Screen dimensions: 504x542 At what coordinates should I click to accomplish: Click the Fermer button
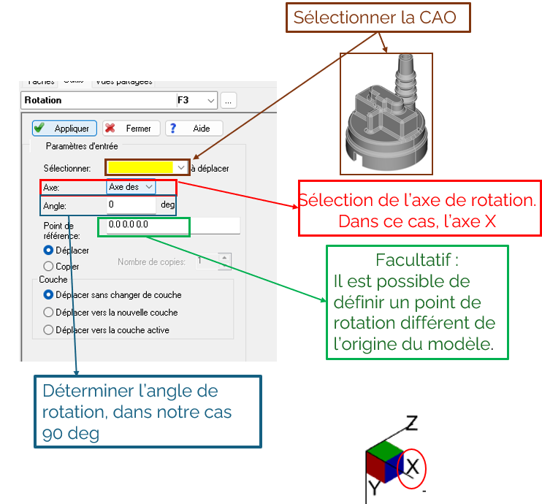tap(130, 129)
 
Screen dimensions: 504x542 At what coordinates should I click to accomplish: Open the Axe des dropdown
tap(131, 187)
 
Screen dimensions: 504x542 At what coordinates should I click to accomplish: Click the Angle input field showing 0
tap(131, 205)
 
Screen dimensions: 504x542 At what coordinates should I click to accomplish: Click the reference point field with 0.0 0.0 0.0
tap(172, 225)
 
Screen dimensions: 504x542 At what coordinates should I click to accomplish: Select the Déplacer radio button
tap(49, 251)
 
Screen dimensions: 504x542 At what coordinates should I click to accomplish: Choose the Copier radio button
tap(49, 267)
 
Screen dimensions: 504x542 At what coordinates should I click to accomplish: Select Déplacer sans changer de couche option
tap(49, 295)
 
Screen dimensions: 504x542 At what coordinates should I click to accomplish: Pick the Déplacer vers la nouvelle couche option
tap(49, 313)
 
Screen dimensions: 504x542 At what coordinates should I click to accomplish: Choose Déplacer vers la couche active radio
tap(49, 330)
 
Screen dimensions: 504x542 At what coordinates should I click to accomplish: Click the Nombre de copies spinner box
tap(213, 260)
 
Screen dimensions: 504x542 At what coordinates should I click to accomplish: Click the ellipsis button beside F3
tap(229, 101)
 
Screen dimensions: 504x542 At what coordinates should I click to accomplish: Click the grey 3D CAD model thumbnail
tap(386, 113)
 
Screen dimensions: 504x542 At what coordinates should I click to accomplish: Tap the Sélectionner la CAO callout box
tap(374, 18)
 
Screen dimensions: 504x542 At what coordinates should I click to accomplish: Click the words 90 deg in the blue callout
tap(70, 432)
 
